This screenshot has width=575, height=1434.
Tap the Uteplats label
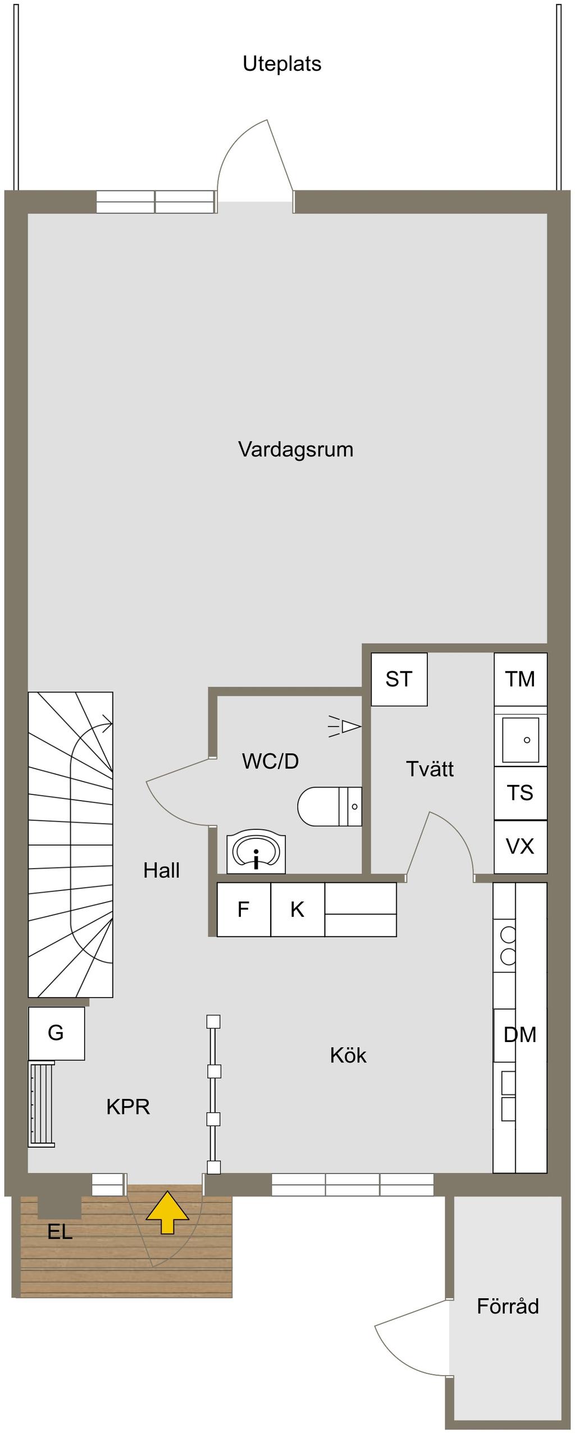coord(282,64)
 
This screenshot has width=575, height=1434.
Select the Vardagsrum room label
coord(296,450)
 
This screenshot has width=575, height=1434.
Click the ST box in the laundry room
coord(399,679)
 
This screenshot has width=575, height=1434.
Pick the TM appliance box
coord(521,679)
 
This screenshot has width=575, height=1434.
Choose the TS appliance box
coord(521,793)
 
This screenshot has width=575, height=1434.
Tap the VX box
coord(521,847)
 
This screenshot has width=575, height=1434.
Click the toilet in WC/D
coord(330,806)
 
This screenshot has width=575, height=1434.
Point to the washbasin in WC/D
coord(256,853)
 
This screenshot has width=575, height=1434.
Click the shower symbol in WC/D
coord(344,727)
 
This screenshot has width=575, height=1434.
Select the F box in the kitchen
coord(244,910)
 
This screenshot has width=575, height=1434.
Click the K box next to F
coord(298,910)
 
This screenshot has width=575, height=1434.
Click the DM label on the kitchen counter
coord(520,1035)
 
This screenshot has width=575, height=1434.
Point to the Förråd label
coord(508,1307)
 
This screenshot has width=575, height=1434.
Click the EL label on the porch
coord(60,1232)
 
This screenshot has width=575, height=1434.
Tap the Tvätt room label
coord(430,769)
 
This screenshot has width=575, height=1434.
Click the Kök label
coord(348,1056)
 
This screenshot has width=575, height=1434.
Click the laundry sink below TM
coord(521,740)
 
